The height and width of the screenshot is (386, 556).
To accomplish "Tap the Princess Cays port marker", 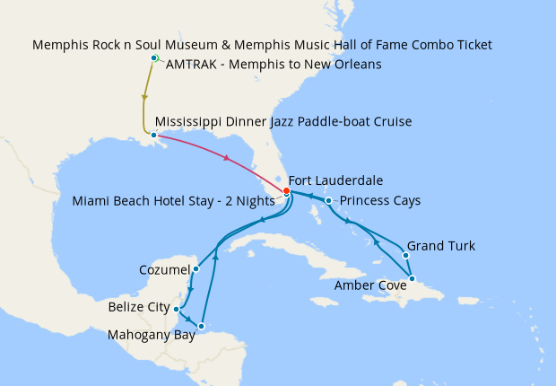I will pos(329,200).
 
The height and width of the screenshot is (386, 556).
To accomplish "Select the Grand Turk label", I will pos(441,245).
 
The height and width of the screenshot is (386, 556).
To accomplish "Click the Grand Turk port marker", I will pos(406,255).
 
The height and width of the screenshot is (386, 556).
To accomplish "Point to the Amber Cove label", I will pos(370,285).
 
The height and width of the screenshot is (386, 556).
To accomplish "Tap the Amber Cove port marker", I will pos(412,278).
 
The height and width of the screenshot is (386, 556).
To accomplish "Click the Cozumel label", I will pos(165,269).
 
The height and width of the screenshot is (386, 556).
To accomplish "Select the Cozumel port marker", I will pos(195,268).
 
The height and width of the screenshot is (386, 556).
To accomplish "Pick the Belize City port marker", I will pos(177,309).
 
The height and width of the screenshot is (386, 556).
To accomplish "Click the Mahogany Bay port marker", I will pos(203,326).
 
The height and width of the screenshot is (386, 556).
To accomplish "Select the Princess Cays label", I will pos(381,200).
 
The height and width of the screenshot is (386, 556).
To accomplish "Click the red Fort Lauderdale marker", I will pos(286,190).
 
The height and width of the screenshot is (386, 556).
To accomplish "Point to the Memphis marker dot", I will pos(154,58).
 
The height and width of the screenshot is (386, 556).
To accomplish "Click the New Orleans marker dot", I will pos(154,136).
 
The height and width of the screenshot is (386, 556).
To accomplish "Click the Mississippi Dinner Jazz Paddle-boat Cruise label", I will pos(283,121).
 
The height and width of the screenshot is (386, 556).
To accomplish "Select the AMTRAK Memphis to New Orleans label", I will pos(274,65).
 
